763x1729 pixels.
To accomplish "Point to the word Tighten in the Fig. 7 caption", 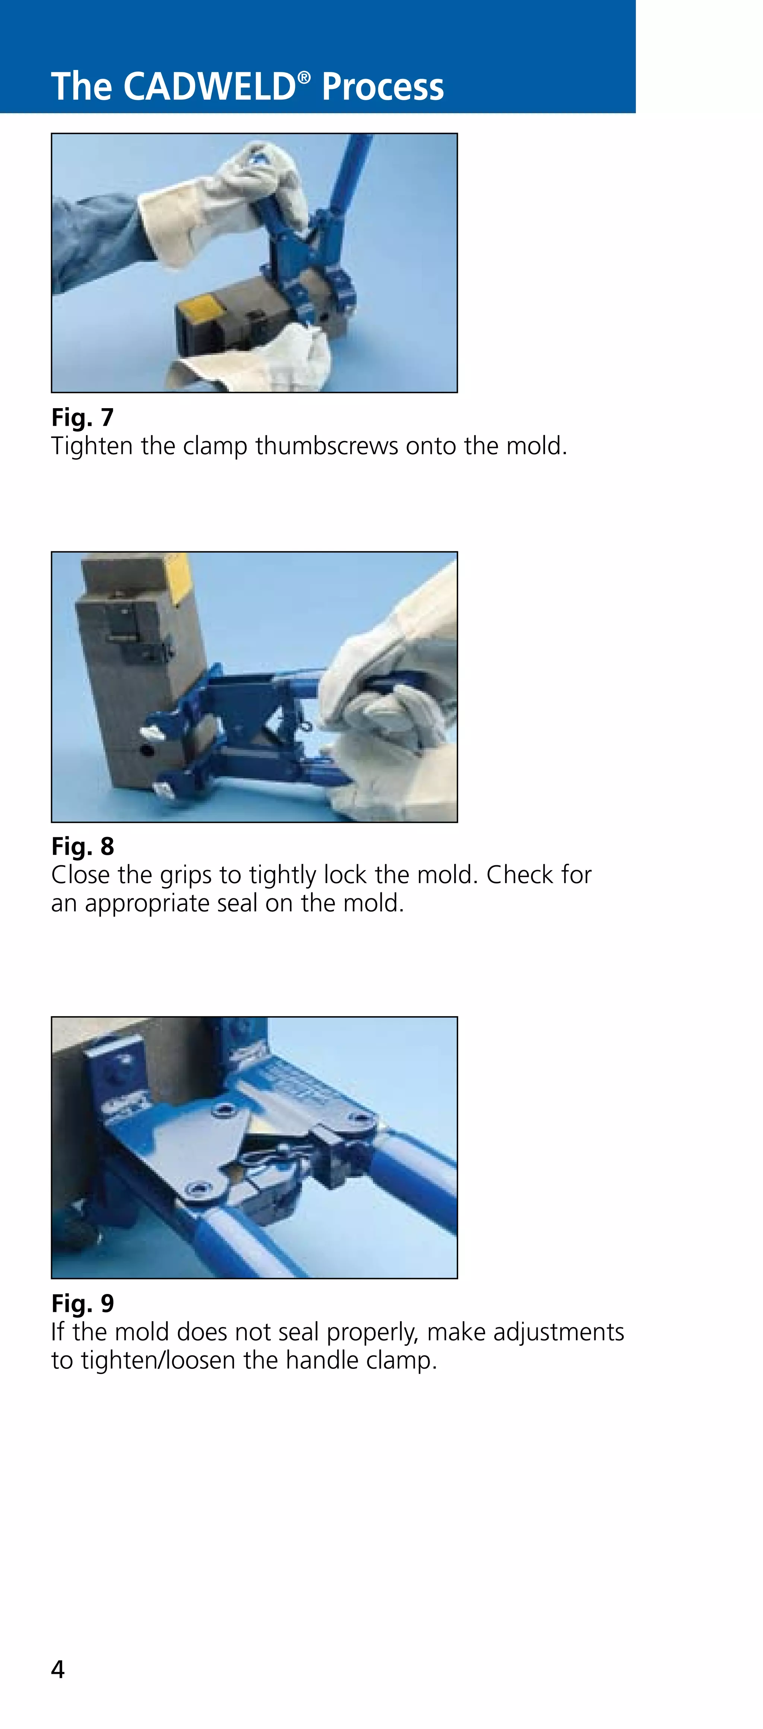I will (92, 446).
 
